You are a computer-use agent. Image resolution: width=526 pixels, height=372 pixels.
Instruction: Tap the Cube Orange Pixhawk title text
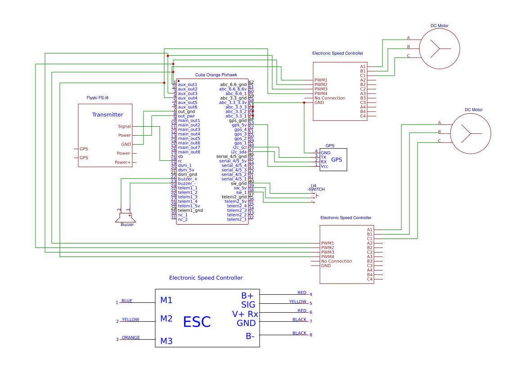[x=216, y=75]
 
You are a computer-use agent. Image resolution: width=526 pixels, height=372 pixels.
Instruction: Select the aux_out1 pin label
[x=188, y=84]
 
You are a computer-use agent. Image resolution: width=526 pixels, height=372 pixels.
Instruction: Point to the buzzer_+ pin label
[x=188, y=179]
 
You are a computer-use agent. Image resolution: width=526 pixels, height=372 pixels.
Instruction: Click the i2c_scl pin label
[x=239, y=147]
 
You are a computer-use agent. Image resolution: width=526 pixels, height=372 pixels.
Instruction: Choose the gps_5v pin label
[x=239, y=125]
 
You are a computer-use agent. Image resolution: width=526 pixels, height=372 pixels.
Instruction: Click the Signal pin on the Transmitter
[x=124, y=126]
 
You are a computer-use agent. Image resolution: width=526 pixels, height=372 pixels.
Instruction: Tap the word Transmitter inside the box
[x=108, y=115]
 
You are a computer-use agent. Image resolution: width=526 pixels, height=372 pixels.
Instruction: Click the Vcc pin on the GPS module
[x=324, y=166]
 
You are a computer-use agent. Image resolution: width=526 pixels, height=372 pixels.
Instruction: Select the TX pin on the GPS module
[x=324, y=157]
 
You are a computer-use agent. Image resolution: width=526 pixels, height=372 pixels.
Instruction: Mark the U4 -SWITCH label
[x=316, y=187]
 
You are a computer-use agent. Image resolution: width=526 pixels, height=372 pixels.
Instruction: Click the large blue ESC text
[x=197, y=322]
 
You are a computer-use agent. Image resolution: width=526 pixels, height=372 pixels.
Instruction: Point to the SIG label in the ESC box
[x=248, y=305]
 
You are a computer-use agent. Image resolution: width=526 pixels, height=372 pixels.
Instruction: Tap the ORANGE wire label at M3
[x=131, y=337]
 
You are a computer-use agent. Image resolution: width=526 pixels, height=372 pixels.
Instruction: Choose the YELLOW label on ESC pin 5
[x=297, y=301]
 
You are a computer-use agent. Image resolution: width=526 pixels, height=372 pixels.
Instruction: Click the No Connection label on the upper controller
[x=330, y=98]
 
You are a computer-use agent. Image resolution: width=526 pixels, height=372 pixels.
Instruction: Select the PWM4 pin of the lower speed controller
[x=328, y=257]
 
